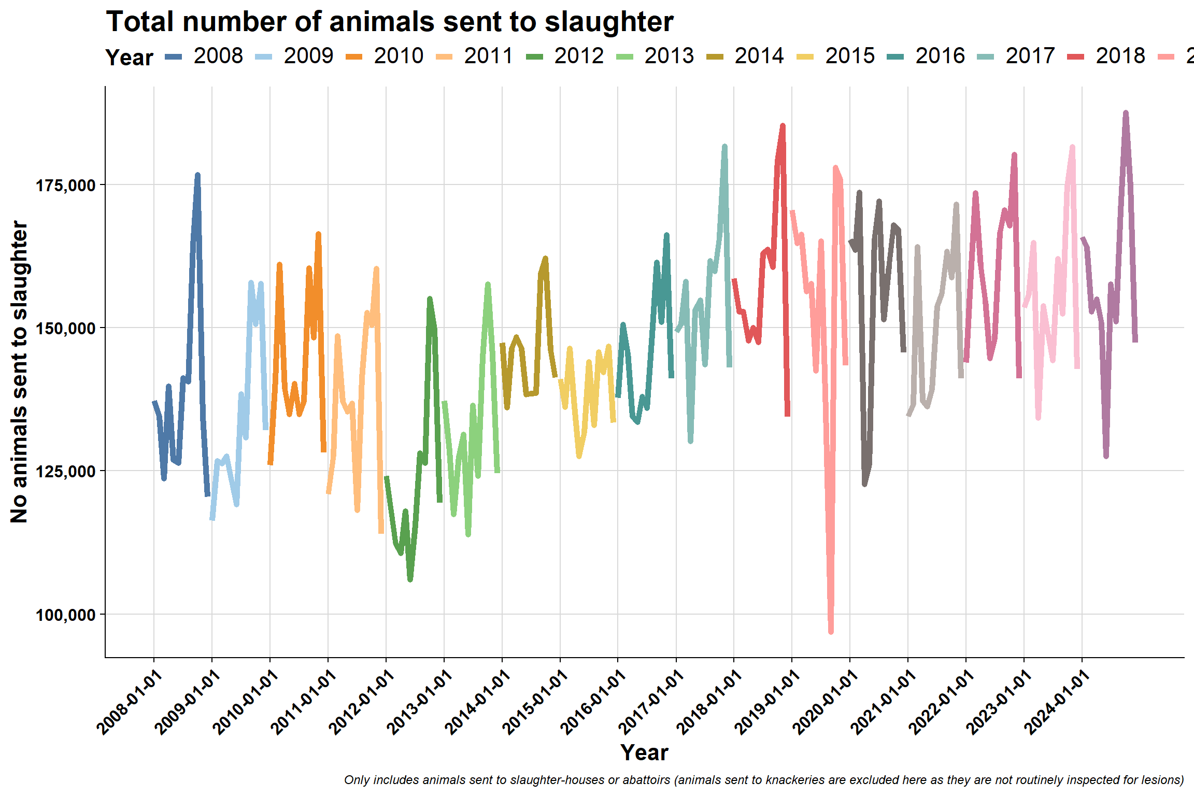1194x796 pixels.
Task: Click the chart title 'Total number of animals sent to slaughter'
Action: coord(390,22)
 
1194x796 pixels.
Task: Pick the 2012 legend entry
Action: coord(564,56)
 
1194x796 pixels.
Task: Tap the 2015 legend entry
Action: coord(835,56)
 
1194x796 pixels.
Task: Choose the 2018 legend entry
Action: coord(1106,56)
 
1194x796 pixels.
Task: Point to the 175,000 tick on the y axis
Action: coord(66,185)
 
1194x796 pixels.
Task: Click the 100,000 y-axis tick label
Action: coord(66,615)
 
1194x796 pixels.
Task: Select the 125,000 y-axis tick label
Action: coord(66,471)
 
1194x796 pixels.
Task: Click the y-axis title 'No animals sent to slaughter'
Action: coord(20,372)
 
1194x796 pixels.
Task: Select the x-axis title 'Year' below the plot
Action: coord(645,752)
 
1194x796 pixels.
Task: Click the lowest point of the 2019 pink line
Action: coord(831,631)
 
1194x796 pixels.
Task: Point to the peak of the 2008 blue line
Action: coord(197,175)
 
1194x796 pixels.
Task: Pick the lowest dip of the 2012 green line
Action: coord(410,579)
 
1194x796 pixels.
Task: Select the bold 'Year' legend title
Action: coord(130,58)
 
